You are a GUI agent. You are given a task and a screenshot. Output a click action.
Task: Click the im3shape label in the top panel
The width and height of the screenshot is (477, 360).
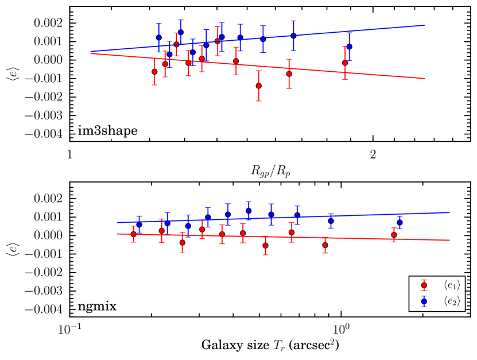107,131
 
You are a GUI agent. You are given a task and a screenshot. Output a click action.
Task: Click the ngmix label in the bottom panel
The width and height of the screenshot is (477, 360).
98,306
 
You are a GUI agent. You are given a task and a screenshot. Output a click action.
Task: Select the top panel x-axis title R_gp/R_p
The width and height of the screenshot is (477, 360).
269,169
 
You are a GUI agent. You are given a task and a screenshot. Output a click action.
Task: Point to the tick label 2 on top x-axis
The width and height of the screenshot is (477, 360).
373,154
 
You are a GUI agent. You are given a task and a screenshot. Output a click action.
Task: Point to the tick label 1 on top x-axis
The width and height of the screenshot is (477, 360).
69,154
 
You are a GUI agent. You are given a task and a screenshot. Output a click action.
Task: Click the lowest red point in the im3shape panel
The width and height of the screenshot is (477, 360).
259,86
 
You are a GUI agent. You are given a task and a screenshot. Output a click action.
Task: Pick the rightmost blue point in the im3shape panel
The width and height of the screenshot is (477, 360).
349,47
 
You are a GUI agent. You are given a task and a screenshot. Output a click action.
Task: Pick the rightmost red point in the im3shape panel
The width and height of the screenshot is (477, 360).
345,63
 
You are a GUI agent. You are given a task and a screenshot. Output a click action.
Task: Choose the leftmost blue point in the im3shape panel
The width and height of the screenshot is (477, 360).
159,37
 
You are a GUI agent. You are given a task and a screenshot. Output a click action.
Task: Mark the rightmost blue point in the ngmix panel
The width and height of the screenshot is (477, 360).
400,222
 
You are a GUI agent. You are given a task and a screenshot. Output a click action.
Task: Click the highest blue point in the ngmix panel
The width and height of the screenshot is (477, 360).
249,211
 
